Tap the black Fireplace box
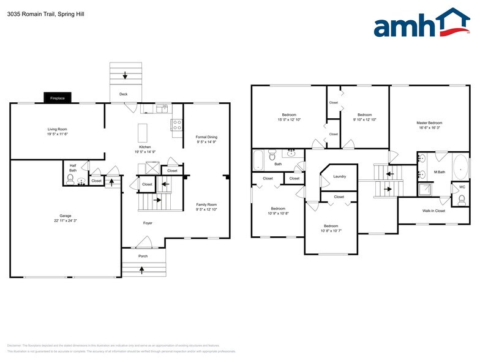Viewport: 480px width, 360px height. pos(58,98)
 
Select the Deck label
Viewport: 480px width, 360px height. pos(123,94)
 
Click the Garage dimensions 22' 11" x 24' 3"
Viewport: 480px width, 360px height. pos(66,220)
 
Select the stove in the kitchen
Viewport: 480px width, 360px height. pos(176,125)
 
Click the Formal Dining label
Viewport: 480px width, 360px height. pos(206,137)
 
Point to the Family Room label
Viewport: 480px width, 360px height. pos(206,204)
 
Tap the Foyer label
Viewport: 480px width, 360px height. pos(148,223)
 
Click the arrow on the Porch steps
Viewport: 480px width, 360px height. pos(143,269)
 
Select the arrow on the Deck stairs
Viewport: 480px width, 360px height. pos(125,75)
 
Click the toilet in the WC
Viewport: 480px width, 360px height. pos(462,199)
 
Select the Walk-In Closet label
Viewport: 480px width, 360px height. pos(433,211)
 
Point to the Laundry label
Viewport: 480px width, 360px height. pos(339,176)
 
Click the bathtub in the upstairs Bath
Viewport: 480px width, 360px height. pos(258,160)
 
